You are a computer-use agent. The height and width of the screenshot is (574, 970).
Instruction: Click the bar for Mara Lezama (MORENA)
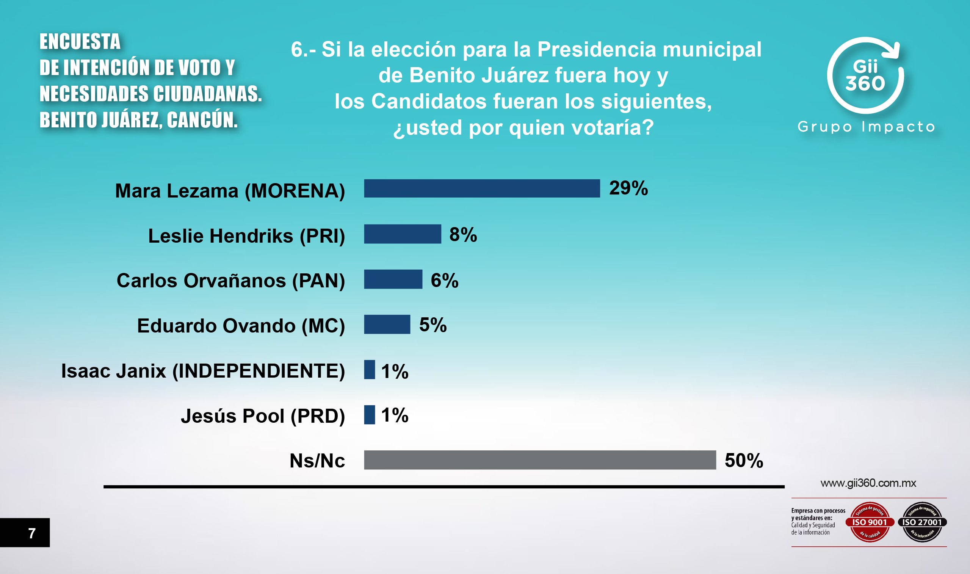coord(482,188)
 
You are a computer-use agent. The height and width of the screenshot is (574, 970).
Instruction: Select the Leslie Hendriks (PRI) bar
coord(403,234)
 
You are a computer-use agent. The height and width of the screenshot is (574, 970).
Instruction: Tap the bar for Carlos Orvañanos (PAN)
coord(393,279)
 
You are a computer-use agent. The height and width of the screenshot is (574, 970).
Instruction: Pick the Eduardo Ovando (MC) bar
coord(387,324)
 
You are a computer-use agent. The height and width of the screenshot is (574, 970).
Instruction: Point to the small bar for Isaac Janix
coord(369,369)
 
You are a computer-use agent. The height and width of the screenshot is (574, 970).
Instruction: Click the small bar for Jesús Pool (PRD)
coord(369,415)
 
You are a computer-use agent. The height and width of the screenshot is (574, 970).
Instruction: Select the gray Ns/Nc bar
coord(540,460)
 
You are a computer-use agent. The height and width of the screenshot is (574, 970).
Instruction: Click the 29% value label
coord(628,188)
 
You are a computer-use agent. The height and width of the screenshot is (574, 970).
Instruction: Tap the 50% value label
coord(744,461)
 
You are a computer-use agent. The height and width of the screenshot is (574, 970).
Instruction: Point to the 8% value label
coord(463,234)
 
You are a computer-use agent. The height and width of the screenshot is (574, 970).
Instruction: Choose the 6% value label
coord(444,281)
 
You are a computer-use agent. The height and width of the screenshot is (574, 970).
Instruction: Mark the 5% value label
coord(433,325)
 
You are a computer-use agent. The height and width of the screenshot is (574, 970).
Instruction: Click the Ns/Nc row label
coord(317,461)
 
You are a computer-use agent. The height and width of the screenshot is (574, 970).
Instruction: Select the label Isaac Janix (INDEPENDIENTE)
coord(203,371)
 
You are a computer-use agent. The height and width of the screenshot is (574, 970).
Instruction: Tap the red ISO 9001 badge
coord(870,522)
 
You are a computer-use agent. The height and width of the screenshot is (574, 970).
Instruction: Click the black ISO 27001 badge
coord(922,522)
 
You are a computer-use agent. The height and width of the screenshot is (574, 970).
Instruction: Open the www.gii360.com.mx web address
coord(868,483)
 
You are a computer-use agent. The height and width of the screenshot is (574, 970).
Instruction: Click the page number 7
coord(32,533)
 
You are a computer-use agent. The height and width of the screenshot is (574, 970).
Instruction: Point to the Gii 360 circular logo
coord(865,76)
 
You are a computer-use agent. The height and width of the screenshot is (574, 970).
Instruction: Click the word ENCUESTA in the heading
coord(80,41)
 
